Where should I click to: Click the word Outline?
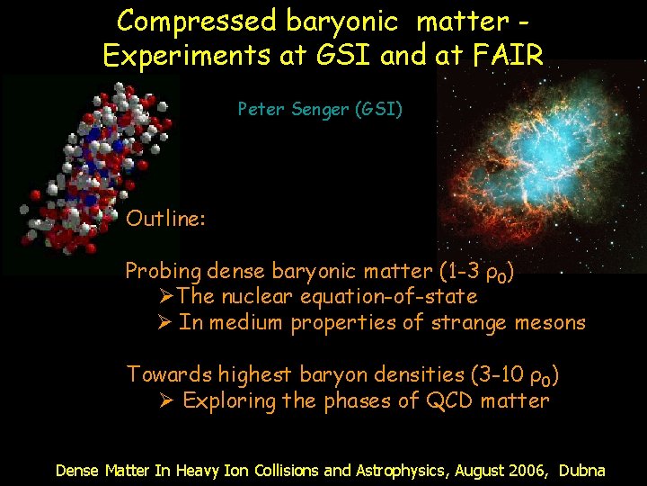point(166,219)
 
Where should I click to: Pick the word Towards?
point(167,373)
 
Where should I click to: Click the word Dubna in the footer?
point(582,470)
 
